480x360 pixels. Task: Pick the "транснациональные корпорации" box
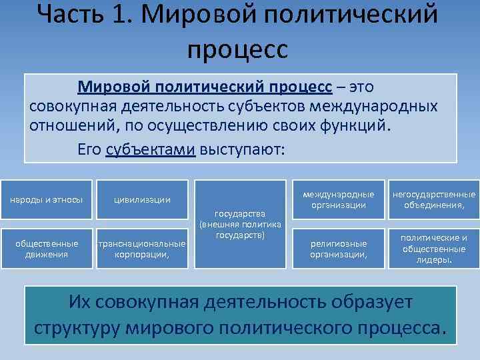(x=141, y=249)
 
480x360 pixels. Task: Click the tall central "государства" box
(x=240, y=224)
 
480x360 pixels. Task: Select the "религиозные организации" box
(x=339, y=249)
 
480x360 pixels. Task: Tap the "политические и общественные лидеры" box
(x=434, y=249)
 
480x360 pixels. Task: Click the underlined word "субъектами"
(x=150, y=149)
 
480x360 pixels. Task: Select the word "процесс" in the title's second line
(x=238, y=49)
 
